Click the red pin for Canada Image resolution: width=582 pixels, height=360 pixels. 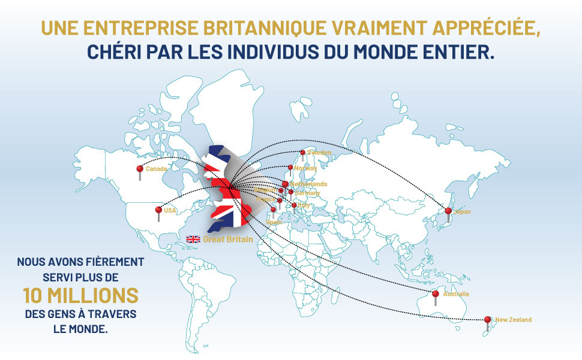pyautogui.click(x=140, y=169)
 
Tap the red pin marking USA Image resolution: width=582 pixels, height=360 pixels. pyautogui.click(x=158, y=210)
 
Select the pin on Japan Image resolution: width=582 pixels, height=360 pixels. pyautogui.click(x=448, y=211)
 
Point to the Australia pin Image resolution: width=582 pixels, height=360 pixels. pyautogui.click(x=436, y=293)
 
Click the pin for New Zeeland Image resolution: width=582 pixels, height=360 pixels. pyautogui.click(x=487, y=320)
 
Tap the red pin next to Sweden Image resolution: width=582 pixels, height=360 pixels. pyautogui.click(x=302, y=152)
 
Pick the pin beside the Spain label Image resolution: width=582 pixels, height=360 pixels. pyautogui.click(x=274, y=210)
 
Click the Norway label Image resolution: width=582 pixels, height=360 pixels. pyautogui.click(x=305, y=168)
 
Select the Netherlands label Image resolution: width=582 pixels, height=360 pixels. pyautogui.click(x=308, y=184)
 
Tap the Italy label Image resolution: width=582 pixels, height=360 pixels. pyautogui.click(x=304, y=205)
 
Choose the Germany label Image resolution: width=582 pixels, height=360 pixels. pyautogui.click(x=308, y=193)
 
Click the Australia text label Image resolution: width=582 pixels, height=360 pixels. pyautogui.click(x=455, y=294)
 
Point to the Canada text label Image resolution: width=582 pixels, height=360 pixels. pyautogui.click(x=156, y=169)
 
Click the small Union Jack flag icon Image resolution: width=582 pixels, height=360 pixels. pyautogui.click(x=193, y=239)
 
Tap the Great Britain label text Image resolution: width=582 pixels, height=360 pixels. pyautogui.click(x=227, y=239)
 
